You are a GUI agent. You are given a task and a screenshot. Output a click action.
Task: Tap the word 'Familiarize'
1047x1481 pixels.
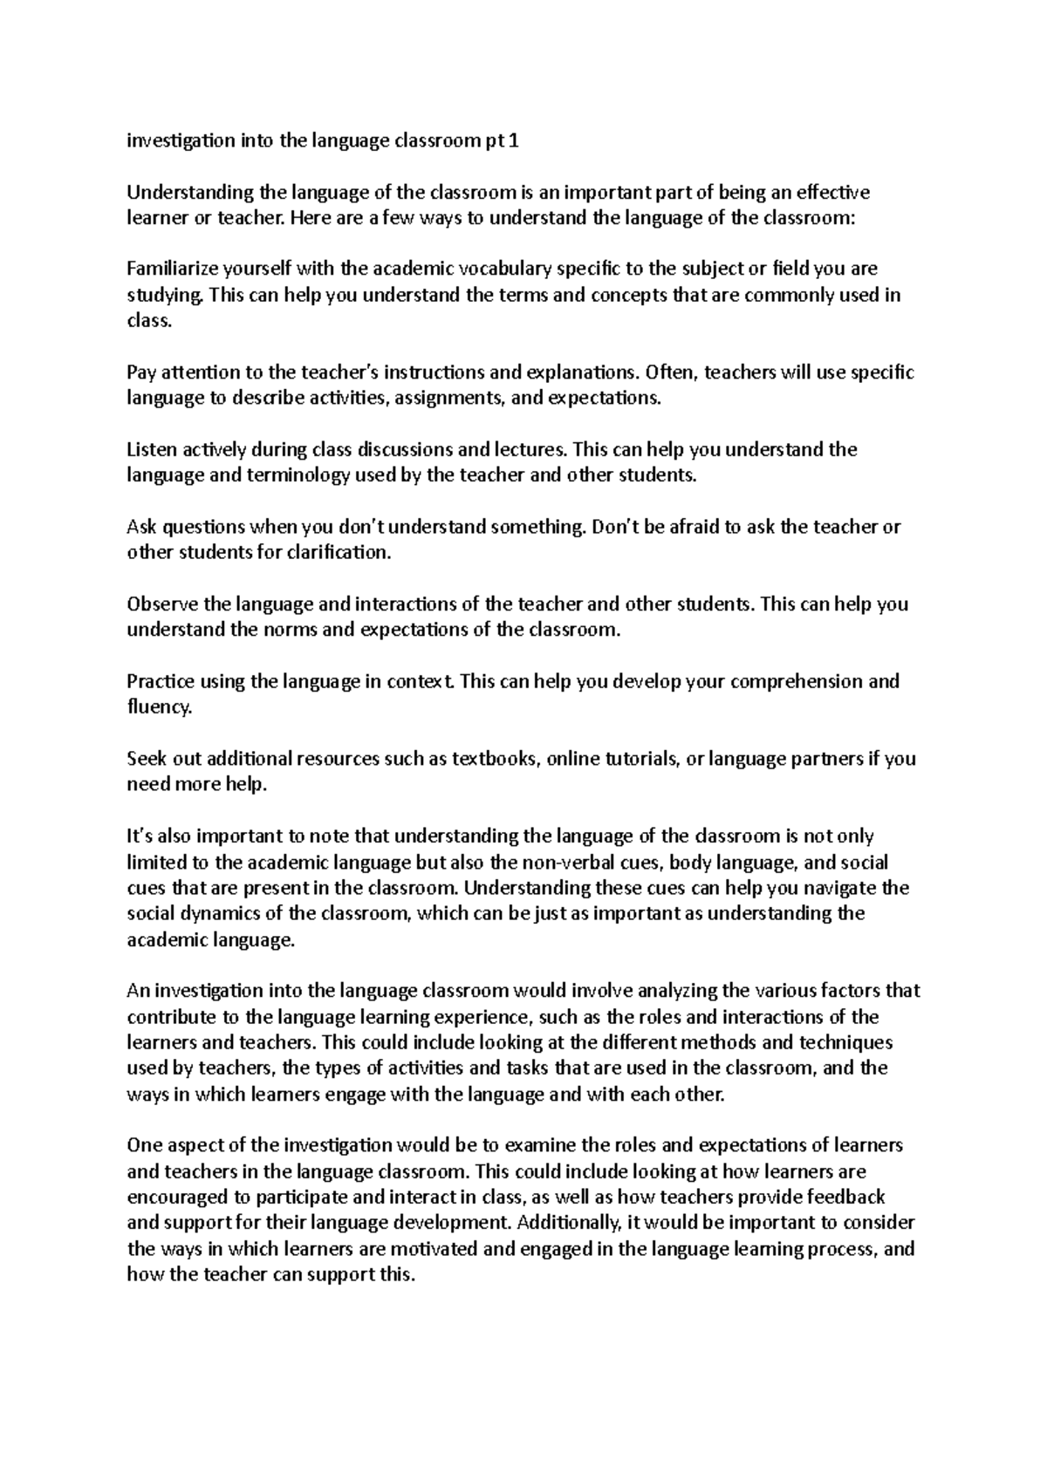click(171, 269)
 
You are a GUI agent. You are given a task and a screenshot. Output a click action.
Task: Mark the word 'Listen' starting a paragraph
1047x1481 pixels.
click(151, 450)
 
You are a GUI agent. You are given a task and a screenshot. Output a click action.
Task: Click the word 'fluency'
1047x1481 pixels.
click(158, 707)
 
